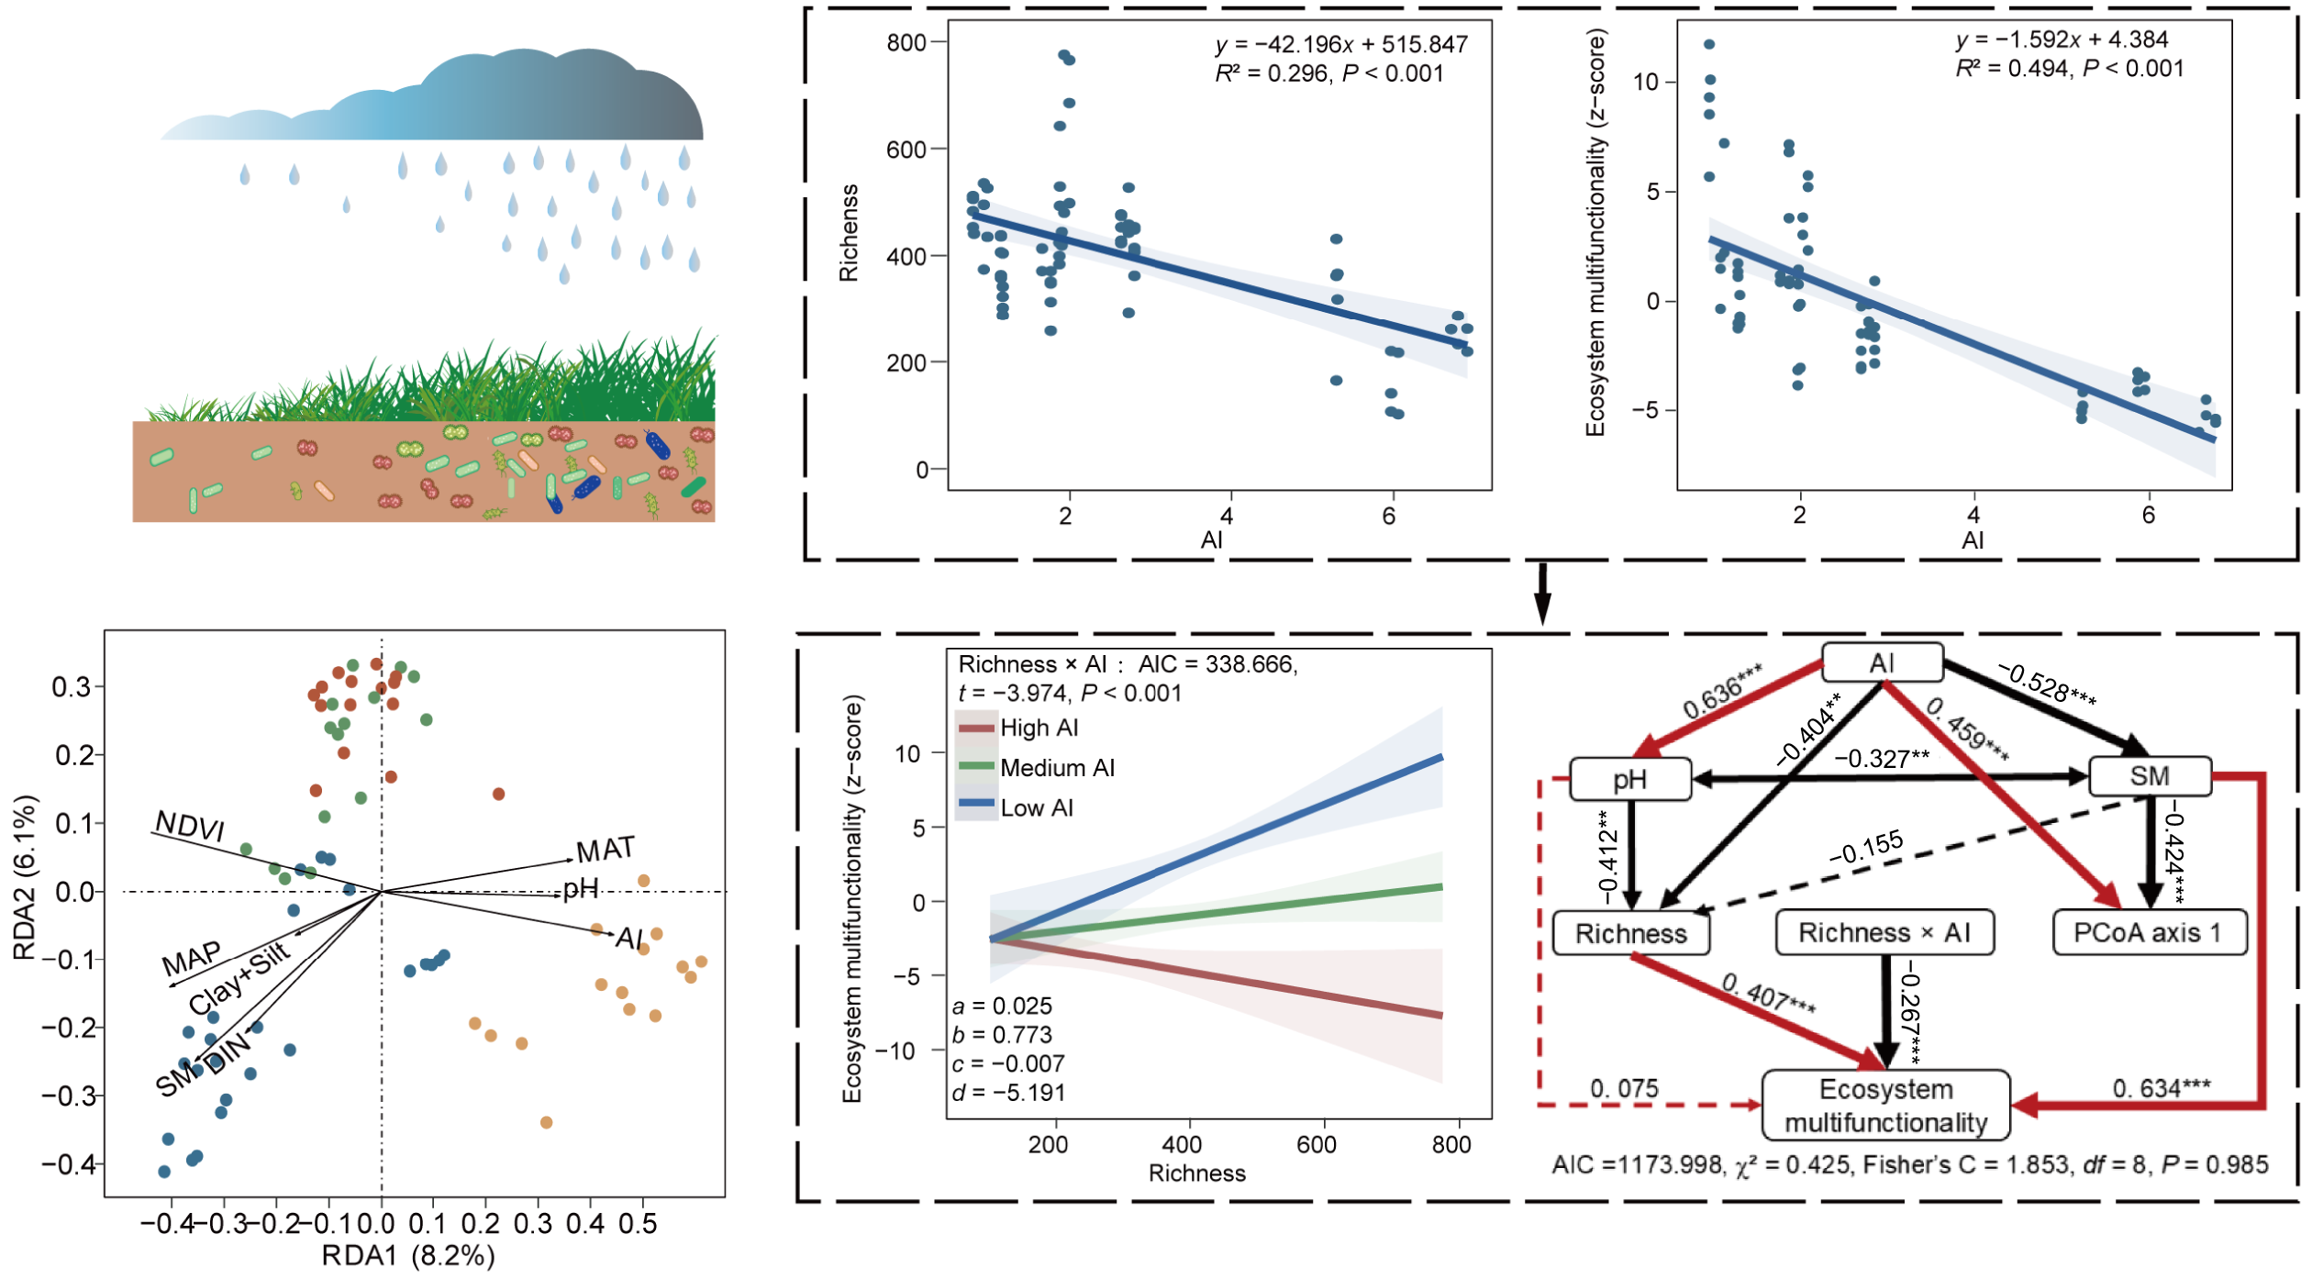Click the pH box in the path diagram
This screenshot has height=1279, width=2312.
(1630, 779)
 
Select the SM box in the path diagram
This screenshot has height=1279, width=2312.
(2149, 776)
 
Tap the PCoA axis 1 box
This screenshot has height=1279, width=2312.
(2149, 933)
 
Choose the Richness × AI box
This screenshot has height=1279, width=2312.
(1884, 933)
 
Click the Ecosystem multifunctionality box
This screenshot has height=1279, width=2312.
(1885, 1106)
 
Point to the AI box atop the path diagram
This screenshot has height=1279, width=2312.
(1882, 662)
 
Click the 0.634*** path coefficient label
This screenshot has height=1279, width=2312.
(2161, 1088)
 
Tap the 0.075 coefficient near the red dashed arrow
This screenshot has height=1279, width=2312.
(1624, 1088)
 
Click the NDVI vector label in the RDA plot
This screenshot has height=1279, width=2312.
(190, 826)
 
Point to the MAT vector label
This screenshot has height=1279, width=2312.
(606, 850)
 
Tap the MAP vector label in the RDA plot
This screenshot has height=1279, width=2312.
(192, 959)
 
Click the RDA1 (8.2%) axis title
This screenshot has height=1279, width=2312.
(408, 1255)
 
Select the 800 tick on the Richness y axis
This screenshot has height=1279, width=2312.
(906, 43)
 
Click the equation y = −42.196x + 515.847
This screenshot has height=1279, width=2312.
(1340, 44)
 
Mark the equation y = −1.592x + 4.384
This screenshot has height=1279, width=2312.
(2062, 39)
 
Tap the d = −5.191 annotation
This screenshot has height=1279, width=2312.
(1008, 1093)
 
